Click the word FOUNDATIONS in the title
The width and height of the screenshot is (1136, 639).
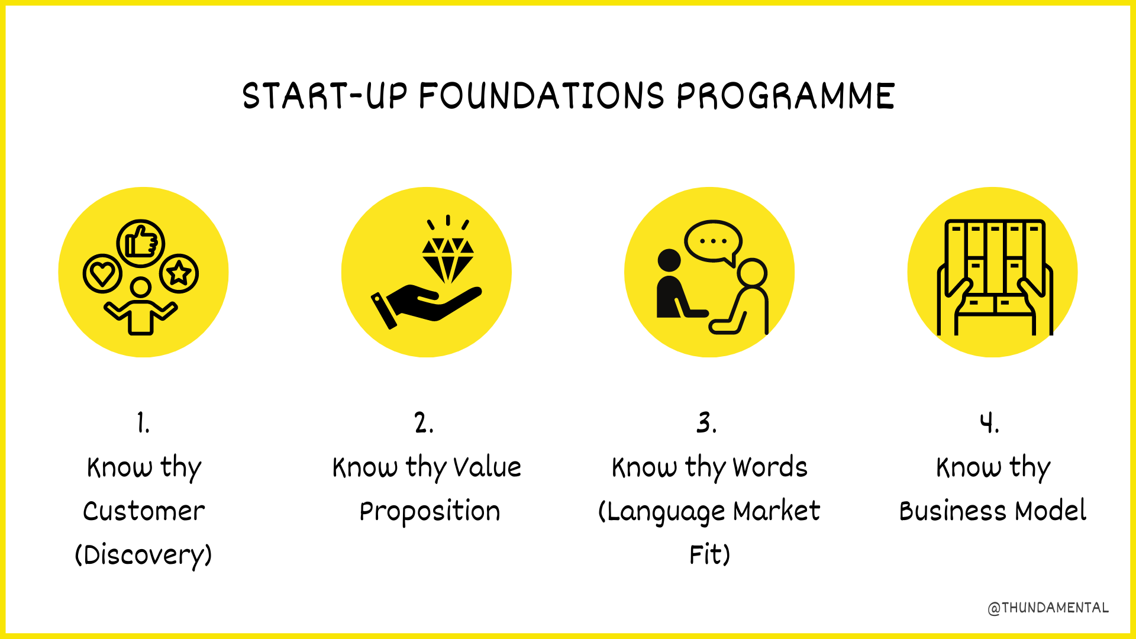pyautogui.click(x=542, y=96)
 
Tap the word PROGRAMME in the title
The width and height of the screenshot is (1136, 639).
pyautogui.click(x=786, y=96)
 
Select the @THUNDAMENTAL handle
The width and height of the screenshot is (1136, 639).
pyautogui.click(x=1048, y=608)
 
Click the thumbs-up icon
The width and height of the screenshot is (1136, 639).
pyautogui.click(x=141, y=243)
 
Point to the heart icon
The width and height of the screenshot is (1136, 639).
pyautogui.click(x=102, y=274)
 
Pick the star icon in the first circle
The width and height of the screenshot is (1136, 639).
pyautogui.click(x=179, y=273)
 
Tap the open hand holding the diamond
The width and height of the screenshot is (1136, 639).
pyautogui.click(x=426, y=305)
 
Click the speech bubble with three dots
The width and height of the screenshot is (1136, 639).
pyautogui.click(x=713, y=241)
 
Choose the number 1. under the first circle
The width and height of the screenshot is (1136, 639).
pyautogui.click(x=143, y=423)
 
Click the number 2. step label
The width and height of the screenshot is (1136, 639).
pyautogui.click(x=424, y=423)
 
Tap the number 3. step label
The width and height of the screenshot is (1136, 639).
pyautogui.click(x=706, y=423)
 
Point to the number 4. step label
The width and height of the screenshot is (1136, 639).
pyautogui.click(x=989, y=423)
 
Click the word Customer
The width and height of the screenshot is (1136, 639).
pyautogui.click(x=144, y=511)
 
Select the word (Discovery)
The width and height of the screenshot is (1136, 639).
pyautogui.click(x=143, y=555)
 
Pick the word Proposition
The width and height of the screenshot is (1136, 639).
pyautogui.click(x=430, y=512)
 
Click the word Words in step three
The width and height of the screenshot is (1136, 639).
pyautogui.click(x=770, y=467)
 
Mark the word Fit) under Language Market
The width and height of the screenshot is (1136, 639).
pyautogui.click(x=709, y=555)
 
